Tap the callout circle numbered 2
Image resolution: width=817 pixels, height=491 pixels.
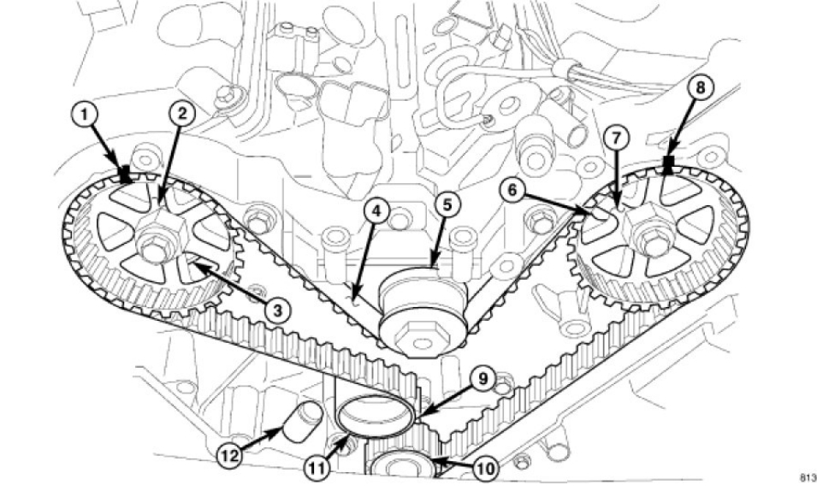point(181,112)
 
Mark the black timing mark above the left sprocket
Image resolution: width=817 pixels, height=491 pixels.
point(125,175)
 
